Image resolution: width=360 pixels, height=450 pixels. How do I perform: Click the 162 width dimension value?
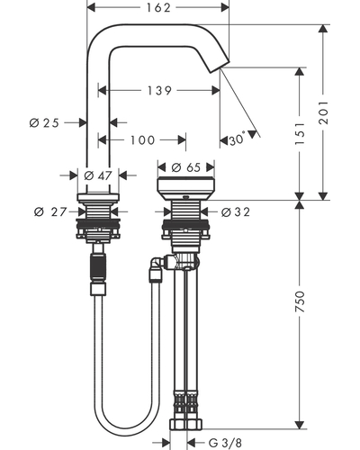tap(158, 7)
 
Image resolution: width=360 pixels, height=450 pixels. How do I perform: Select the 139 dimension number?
tap(159, 90)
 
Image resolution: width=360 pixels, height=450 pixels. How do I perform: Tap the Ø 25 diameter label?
tap(44, 122)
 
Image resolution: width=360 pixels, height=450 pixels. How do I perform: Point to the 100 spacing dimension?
tap(142, 139)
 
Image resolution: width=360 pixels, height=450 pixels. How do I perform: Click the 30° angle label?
tap(238, 139)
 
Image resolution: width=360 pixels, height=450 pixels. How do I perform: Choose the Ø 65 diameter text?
tap(186, 167)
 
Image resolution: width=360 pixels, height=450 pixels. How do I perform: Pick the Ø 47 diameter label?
tap(98, 175)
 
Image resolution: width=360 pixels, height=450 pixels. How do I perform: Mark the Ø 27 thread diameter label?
tap(50, 211)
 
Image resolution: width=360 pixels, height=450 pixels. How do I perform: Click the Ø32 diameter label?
tap(236, 212)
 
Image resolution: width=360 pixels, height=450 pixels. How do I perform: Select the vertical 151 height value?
tap(300, 133)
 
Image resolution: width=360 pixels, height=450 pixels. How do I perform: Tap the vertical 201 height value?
tap(323, 112)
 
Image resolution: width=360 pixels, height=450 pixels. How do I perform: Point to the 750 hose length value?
tap(300, 301)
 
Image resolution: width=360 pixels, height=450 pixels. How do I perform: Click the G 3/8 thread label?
tap(225, 443)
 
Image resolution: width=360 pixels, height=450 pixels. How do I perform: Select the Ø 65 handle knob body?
tap(186, 188)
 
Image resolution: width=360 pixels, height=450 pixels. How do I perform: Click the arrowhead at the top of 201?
tap(323, 28)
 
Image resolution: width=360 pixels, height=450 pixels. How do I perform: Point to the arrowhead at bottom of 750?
tap(300, 425)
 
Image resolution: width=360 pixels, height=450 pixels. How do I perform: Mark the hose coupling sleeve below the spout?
tap(98, 268)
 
